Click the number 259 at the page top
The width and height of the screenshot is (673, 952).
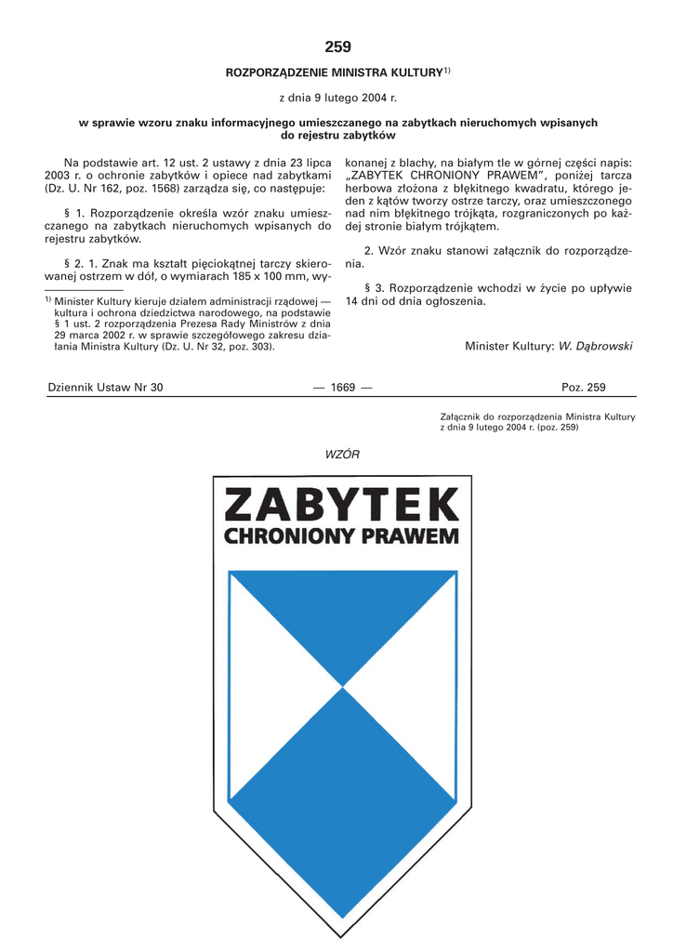pos(337,46)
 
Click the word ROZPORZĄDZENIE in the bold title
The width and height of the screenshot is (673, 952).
pos(285,73)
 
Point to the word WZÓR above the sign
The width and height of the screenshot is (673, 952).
pos(342,454)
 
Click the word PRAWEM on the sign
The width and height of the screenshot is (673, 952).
pos(412,536)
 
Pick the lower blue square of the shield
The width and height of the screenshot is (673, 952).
pos(343,781)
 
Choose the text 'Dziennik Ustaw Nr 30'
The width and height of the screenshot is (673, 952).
pos(105,388)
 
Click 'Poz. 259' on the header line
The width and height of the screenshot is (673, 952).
pos(584,388)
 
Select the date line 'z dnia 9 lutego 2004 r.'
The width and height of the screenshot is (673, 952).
pos(337,97)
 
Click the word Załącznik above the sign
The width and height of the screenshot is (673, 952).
pos(462,416)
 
